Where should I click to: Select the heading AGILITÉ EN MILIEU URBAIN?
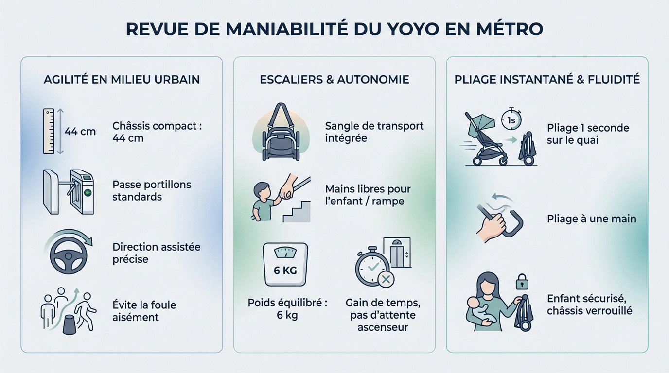(x=122, y=80)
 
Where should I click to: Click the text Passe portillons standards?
(x=152, y=191)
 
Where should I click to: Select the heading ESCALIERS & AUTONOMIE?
(x=334, y=80)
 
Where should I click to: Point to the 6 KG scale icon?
(x=285, y=264)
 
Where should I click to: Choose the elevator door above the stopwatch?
(x=397, y=252)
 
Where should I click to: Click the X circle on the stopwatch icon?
(x=386, y=279)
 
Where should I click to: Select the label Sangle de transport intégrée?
(x=374, y=132)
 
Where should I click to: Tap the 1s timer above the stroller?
(x=511, y=119)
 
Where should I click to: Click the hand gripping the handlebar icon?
(x=492, y=224)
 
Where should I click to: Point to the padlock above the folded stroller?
(x=522, y=281)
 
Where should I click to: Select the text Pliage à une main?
(x=591, y=219)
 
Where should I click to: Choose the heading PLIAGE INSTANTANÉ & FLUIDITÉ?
(x=547, y=80)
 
